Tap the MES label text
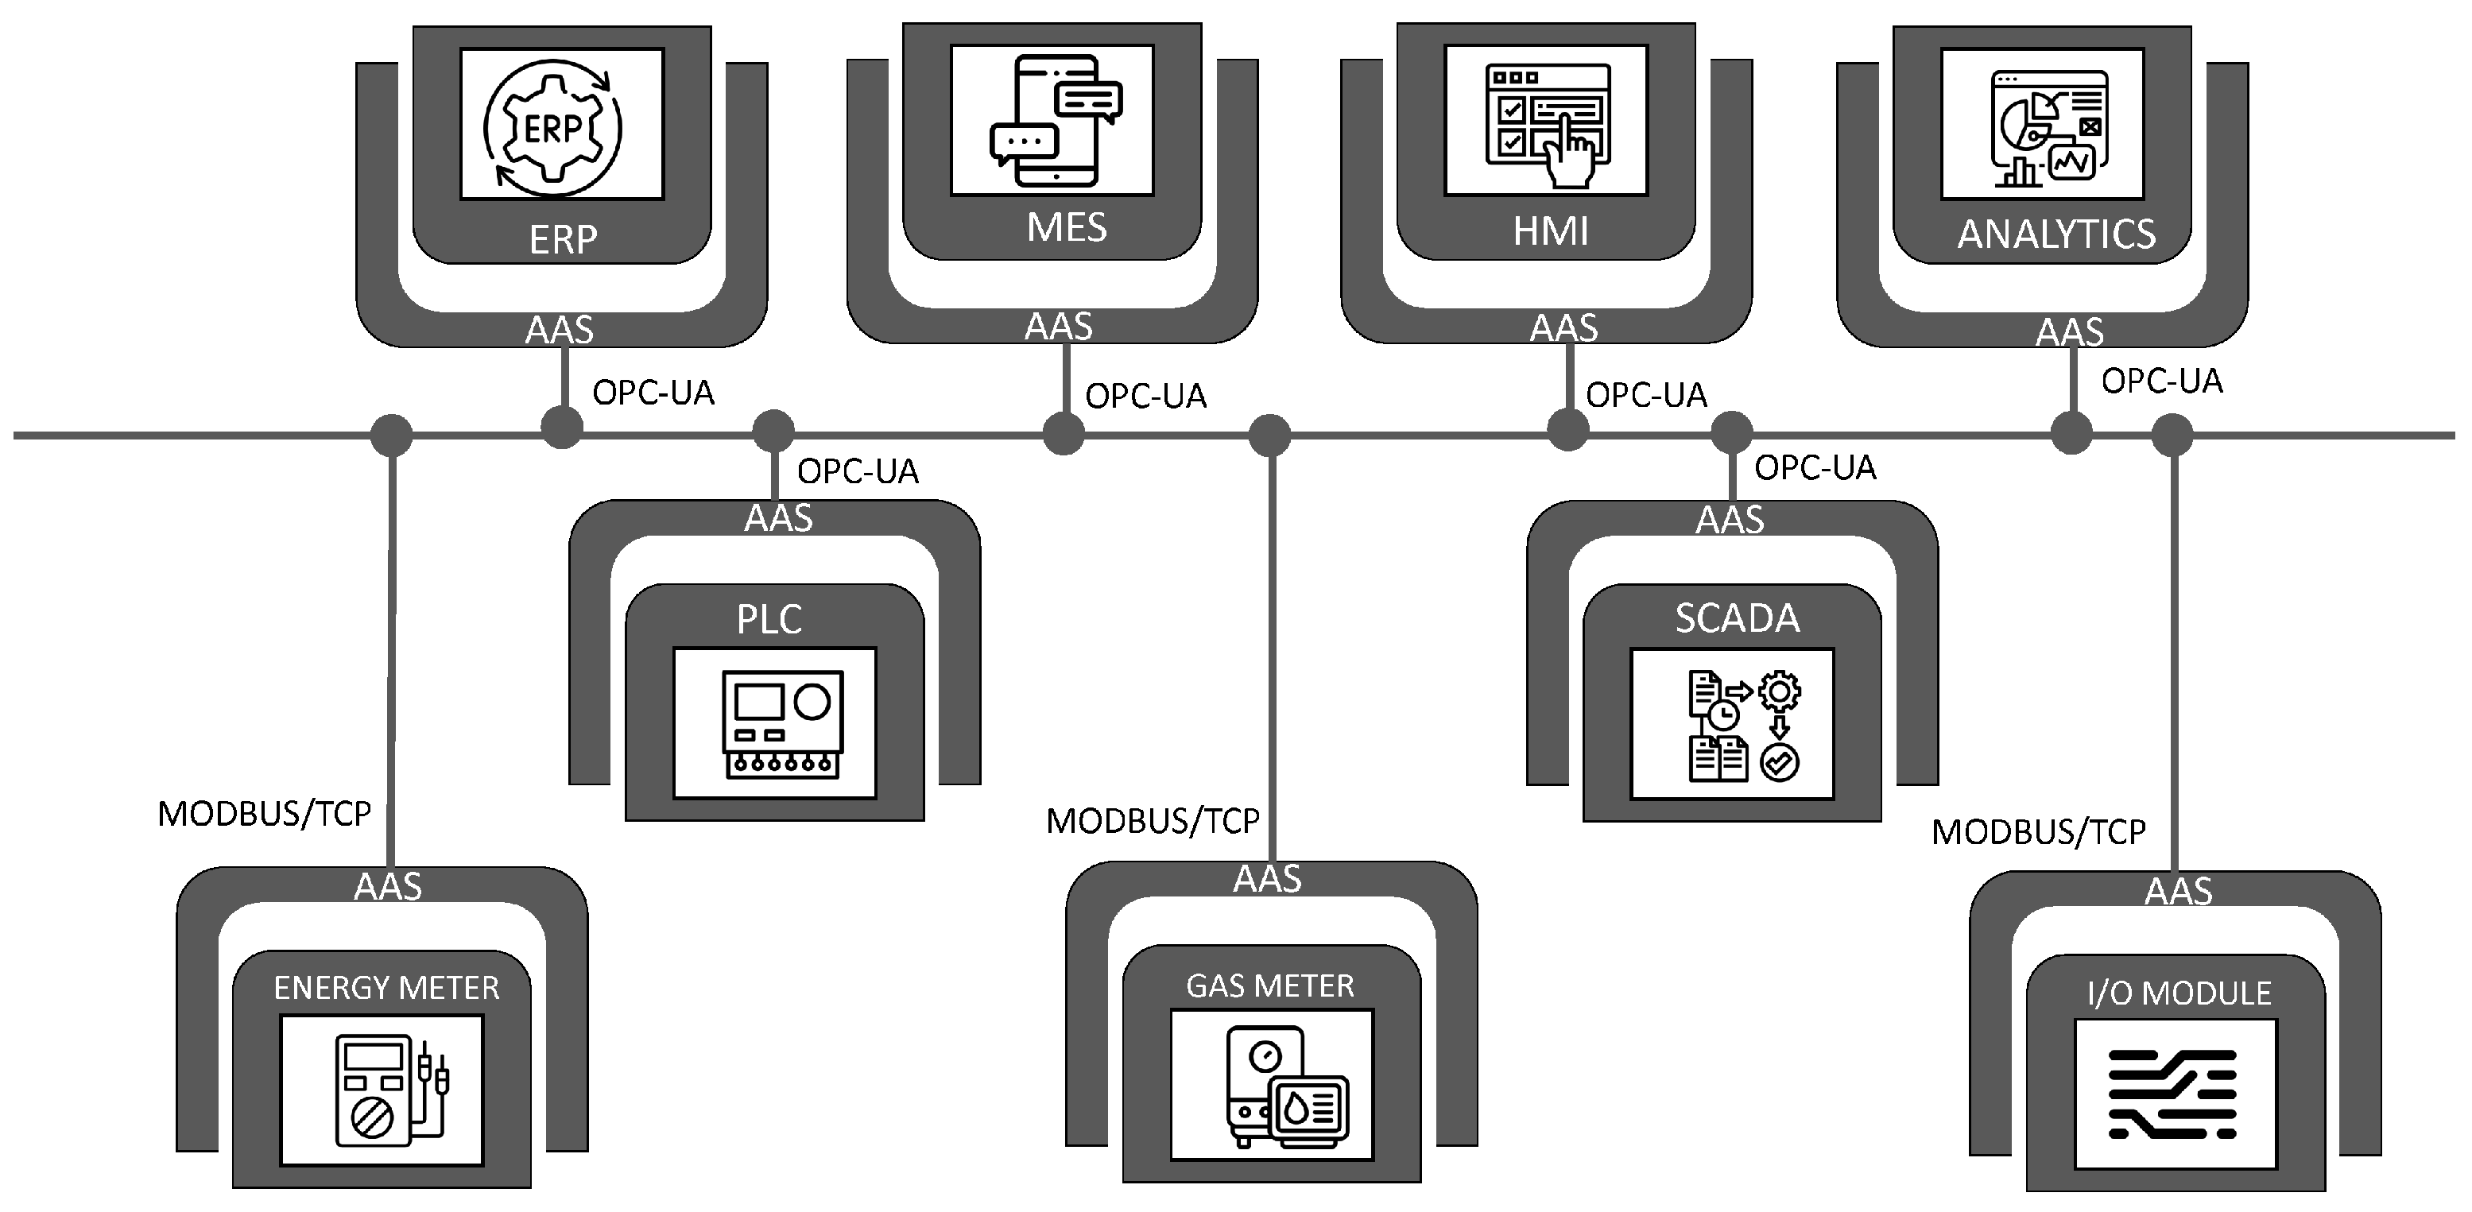[1066, 228]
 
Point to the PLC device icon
[782, 723]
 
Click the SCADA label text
[1737, 619]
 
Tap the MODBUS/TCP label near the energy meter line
[264, 815]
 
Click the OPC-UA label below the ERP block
[653, 393]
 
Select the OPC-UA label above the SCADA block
[1814, 468]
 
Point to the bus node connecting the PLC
[773, 431]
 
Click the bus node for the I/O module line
[2172, 435]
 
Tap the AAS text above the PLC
[778, 518]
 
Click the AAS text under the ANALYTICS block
[2069, 333]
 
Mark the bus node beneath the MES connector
[1064, 434]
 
